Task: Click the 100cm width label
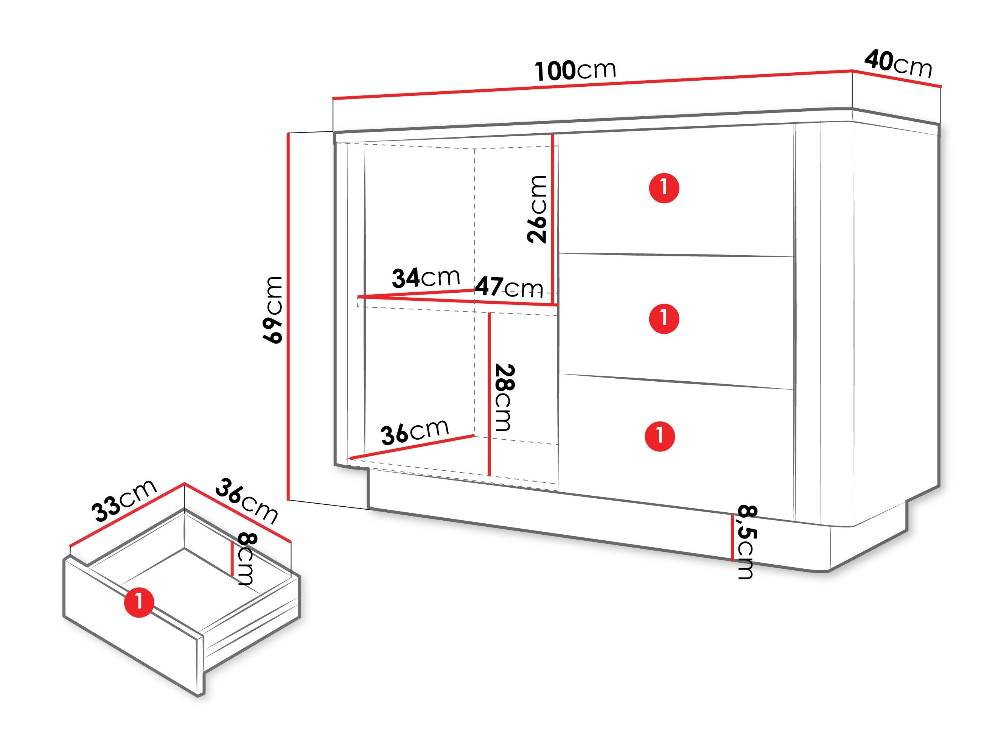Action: pos(575,70)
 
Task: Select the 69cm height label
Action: pos(273,310)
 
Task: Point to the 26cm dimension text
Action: pos(537,209)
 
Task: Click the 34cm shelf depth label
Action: pos(426,278)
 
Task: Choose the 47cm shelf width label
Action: pos(509,287)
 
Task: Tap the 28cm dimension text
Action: pos(504,397)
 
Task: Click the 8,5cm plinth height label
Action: pos(747,541)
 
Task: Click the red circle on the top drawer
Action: pos(664,188)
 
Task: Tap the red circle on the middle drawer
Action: pos(664,319)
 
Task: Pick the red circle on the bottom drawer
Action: pos(660,436)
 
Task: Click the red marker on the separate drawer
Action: pos(139,602)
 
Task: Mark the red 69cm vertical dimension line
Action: pos(288,317)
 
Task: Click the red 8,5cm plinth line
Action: pos(732,538)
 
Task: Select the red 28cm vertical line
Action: pos(489,394)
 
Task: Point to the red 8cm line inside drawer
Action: pos(232,559)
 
